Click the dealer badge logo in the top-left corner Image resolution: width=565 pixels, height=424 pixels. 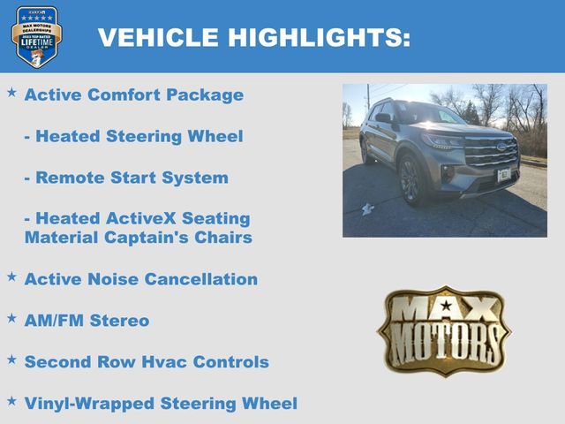pyautogui.click(x=36, y=36)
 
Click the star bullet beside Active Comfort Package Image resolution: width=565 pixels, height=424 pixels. pyautogui.click(x=11, y=92)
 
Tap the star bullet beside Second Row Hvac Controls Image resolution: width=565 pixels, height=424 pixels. pyautogui.click(x=11, y=359)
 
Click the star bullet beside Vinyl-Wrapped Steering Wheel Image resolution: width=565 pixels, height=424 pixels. pyautogui.click(x=11, y=400)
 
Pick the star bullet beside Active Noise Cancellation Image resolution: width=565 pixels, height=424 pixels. pyautogui.click(x=11, y=276)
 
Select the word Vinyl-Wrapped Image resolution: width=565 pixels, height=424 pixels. pyautogui.click(x=88, y=404)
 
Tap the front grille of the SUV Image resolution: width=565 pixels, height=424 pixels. pyautogui.click(x=490, y=151)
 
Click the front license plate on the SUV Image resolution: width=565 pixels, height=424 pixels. pyautogui.click(x=504, y=175)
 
